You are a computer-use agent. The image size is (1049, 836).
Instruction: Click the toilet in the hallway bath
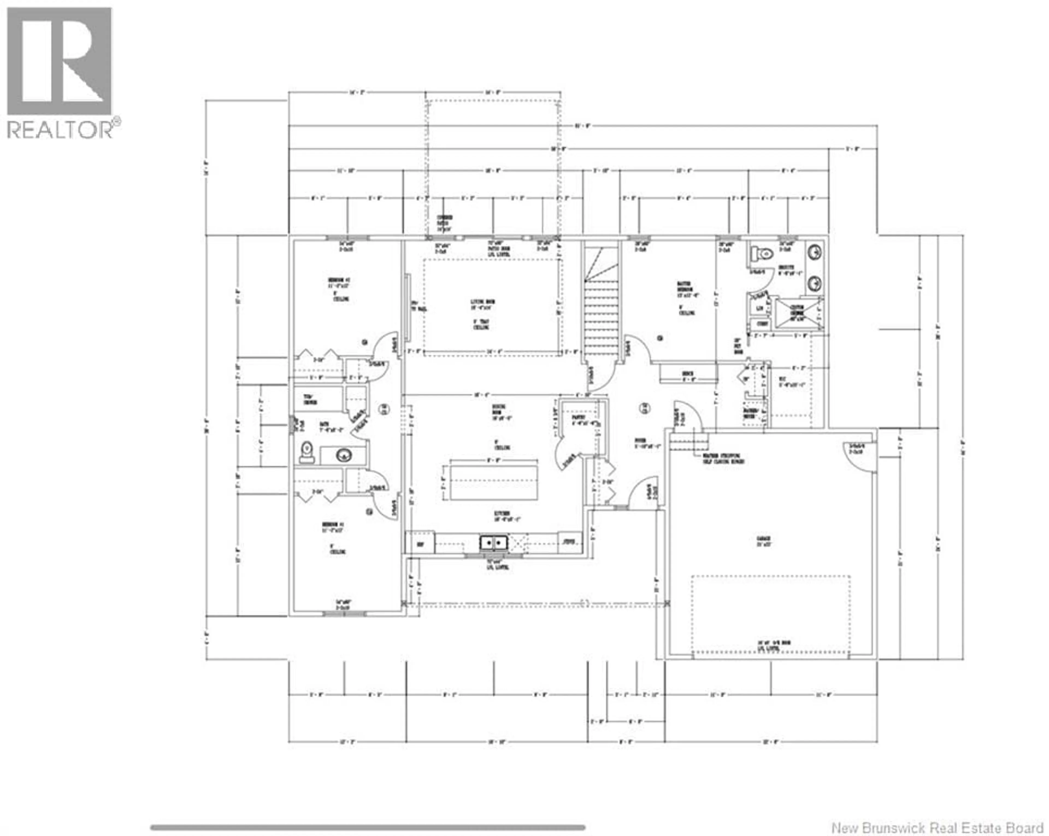307,451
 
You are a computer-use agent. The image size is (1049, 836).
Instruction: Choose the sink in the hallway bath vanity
343,455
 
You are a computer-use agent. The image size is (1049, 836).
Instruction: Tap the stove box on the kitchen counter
569,541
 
